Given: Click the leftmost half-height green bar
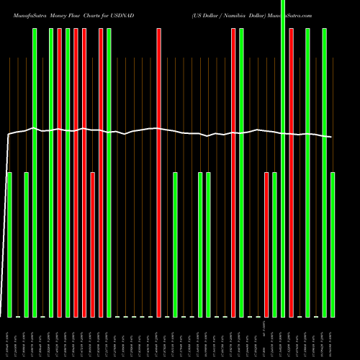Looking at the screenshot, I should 9,245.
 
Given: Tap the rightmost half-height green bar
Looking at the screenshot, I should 333,245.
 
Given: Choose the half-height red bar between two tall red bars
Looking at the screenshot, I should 93,245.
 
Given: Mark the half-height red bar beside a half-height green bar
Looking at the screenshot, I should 266,245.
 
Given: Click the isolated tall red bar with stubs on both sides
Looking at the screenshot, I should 159,173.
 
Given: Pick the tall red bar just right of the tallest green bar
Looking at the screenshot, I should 291,173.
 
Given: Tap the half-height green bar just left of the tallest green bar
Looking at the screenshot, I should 274,245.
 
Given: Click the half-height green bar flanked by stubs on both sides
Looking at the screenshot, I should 175,245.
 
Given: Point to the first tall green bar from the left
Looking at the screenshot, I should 35,173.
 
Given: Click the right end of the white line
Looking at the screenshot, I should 331,137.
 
